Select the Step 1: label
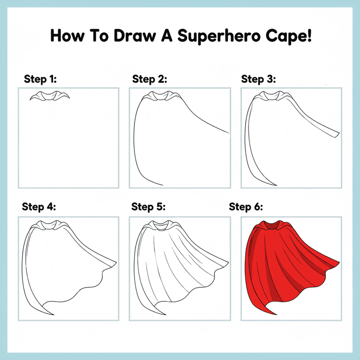[40, 79]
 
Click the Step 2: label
[150, 79]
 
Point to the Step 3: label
[258, 79]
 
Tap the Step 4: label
[39, 207]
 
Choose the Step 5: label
[148, 207]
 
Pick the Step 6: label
[246, 207]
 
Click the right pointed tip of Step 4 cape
[117, 262]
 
